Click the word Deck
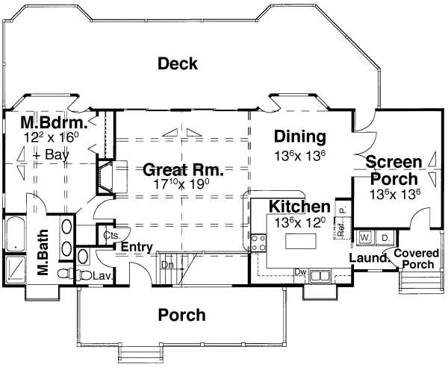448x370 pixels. click(x=178, y=64)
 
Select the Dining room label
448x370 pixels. click(x=299, y=137)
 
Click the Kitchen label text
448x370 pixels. click(x=299, y=207)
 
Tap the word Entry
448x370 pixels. click(x=137, y=248)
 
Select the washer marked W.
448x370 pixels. click(x=365, y=238)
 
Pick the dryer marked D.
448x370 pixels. click(x=385, y=238)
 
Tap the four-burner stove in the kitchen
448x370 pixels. click(x=258, y=242)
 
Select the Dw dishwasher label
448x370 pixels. click(x=301, y=272)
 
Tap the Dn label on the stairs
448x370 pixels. click(x=167, y=264)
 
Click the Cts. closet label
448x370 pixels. click(x=112, y=235)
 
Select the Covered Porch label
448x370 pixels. click(x=416, y=259)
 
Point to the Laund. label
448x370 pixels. click(x=365, y=259)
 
